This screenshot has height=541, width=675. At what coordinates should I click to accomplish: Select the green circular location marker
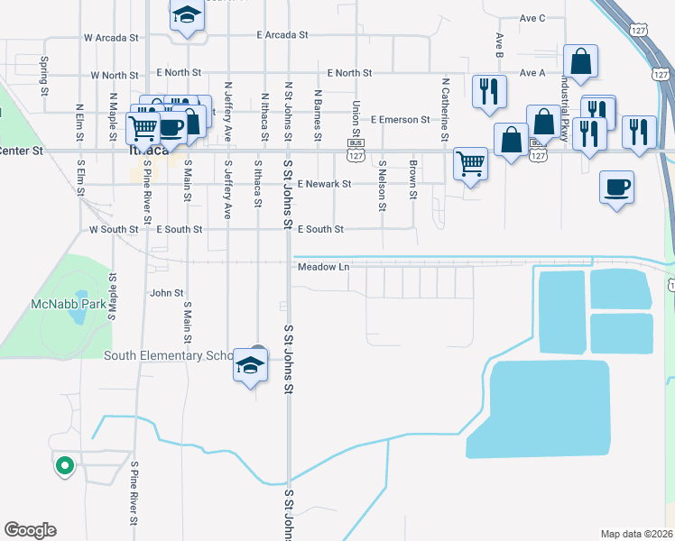[x=64, y=466]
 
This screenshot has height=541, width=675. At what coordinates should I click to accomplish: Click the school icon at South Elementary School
[x=250, y=365]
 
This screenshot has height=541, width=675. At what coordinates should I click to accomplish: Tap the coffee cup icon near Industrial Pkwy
[x=617, y=188]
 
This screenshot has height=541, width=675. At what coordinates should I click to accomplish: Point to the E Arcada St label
[x=282, y=34]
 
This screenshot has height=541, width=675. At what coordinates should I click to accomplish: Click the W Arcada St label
[x=111, y=39]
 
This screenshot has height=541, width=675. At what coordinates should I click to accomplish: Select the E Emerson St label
[x=400, y=119]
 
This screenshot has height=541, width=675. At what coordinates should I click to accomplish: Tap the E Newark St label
[x=322, y=184]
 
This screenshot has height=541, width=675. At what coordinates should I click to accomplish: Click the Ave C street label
[x=533, y=18]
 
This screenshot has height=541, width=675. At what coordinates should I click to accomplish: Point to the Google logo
[x=30, y=530]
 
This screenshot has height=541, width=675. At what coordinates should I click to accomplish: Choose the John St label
[x=167, y=293]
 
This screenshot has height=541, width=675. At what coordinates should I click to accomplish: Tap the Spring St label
[x=44, y=76]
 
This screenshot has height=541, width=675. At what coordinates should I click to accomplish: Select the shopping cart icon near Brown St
[x=470, y=164]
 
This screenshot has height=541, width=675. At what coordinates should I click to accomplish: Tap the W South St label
[x=114, y=230]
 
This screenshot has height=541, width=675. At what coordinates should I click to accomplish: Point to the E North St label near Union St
[x=349, y=72]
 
